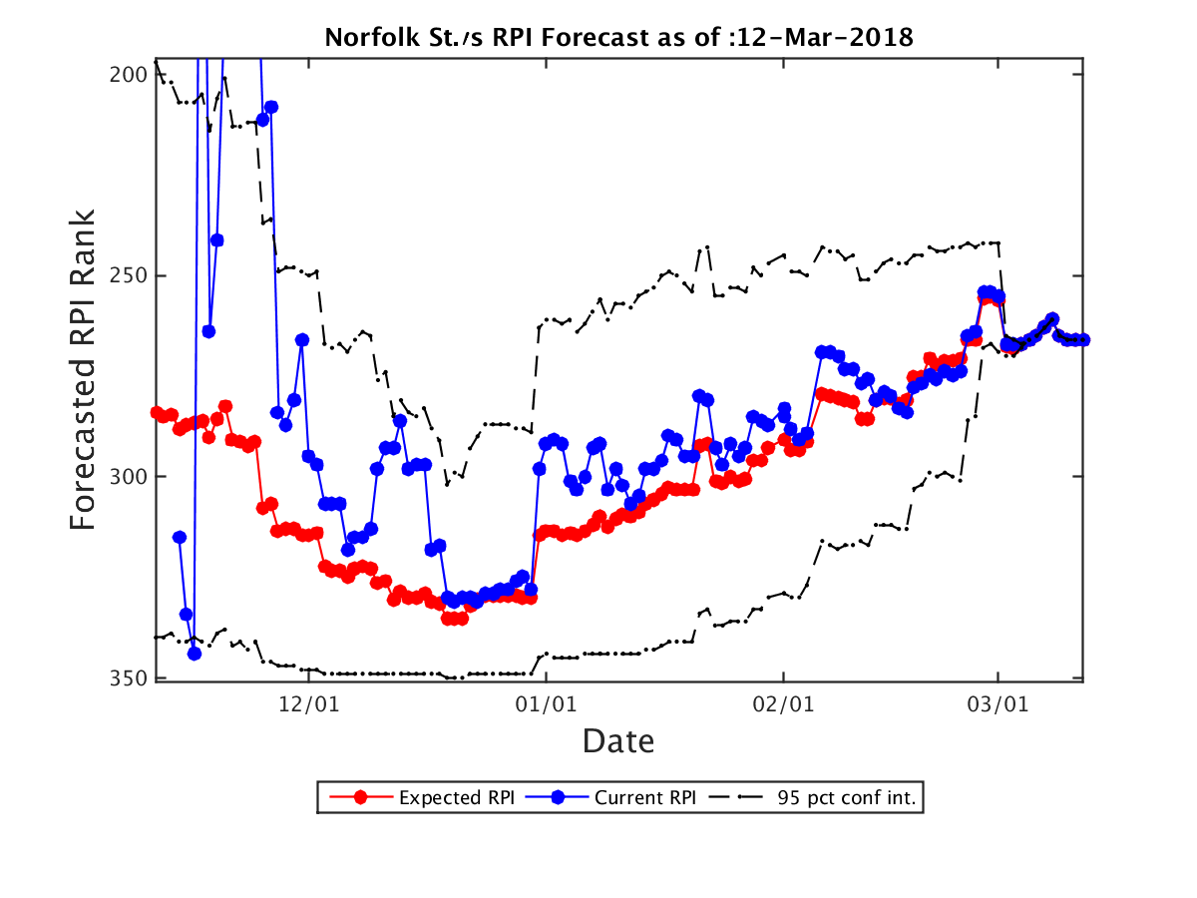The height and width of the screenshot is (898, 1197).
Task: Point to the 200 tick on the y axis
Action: [129, 75]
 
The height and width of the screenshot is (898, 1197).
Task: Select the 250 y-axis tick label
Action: [129, 275]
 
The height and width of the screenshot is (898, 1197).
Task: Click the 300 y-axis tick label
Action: [129, 477]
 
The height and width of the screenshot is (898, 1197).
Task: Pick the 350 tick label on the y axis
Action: [129, 678]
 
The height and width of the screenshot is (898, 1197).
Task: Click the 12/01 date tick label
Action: [308, 703]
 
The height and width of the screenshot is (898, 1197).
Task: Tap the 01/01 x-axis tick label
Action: [546, 703]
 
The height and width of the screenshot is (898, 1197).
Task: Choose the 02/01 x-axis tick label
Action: [783, 703]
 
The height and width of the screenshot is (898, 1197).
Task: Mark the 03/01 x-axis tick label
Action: [997, 703]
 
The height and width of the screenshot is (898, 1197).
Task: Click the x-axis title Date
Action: [617, 741]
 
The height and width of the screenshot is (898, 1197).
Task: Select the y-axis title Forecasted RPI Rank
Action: [83, 369]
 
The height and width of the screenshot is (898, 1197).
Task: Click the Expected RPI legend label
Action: [457, 797]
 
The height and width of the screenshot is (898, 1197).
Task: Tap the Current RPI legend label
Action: [645, 797]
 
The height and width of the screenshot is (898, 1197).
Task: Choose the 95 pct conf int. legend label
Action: [846, 797]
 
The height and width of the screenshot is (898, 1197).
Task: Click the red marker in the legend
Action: [360, 797]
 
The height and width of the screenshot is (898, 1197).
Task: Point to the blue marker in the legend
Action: [557, 797]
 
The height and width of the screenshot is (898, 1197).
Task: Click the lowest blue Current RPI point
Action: [195, 654]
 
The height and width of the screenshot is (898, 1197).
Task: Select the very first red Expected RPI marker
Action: [157, 413]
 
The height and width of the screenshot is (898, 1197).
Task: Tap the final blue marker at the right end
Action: [1083, 339]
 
